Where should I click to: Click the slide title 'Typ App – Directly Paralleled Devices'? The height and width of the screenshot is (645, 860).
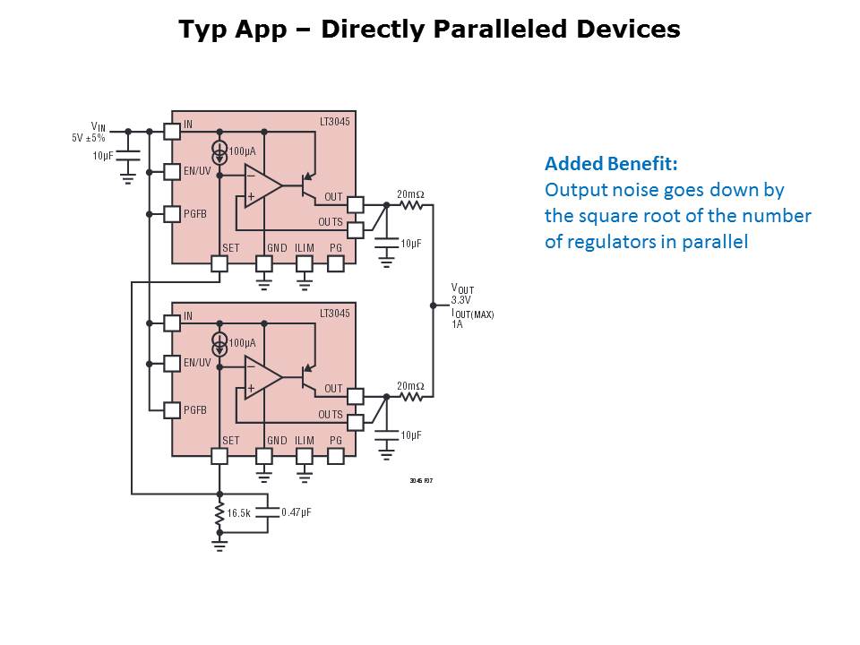429,30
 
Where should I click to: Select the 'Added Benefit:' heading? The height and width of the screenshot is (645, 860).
611,164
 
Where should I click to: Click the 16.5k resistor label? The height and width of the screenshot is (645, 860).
238,513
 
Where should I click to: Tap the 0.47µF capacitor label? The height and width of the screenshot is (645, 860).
297,512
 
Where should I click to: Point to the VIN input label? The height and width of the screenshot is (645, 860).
98,127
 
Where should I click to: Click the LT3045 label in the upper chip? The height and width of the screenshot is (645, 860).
334,121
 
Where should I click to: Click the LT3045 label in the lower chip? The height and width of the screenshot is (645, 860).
334,314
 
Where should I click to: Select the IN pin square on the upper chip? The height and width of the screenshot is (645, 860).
172,131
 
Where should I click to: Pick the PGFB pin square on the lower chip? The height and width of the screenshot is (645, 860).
172,410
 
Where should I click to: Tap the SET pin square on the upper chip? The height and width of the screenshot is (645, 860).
219,263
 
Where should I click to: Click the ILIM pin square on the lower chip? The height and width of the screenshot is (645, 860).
305,456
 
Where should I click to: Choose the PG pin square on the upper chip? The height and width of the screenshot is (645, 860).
336,263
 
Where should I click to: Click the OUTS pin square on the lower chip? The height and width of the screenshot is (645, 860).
355,423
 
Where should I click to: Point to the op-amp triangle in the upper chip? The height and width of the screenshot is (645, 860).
262,186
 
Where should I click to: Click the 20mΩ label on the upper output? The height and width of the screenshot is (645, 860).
410,194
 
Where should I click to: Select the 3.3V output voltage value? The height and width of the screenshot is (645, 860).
461,300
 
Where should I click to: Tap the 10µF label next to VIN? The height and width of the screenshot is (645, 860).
103,156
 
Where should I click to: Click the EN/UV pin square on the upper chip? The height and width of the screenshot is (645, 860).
172,171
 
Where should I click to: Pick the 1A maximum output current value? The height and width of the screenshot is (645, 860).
457,324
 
